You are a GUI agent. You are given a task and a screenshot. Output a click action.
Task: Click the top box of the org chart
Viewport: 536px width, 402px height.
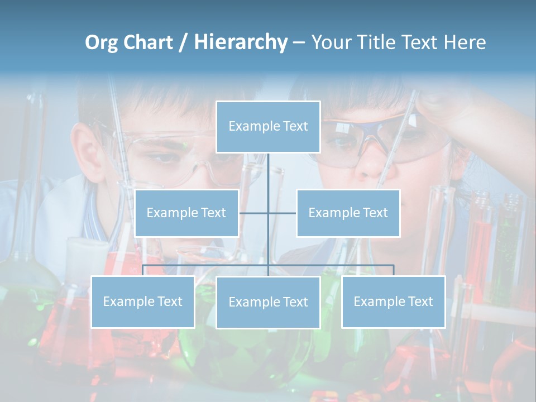coord(268,127)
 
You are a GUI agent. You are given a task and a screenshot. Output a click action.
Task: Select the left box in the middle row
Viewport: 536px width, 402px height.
coord(186,213)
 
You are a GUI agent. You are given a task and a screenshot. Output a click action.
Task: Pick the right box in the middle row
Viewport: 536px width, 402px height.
coord(348,213)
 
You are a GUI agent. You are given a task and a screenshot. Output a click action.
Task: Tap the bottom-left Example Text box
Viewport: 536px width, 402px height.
coord(142,301)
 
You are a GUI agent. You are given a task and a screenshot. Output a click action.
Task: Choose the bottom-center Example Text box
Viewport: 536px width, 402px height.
coord(268,302)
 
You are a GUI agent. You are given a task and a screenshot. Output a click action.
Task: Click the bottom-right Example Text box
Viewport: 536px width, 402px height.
coord(393,301)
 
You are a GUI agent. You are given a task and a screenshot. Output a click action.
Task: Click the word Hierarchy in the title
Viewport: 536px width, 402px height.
coord(241,42)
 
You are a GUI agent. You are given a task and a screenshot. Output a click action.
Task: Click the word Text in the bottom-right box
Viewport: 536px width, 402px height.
coord(420,301)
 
